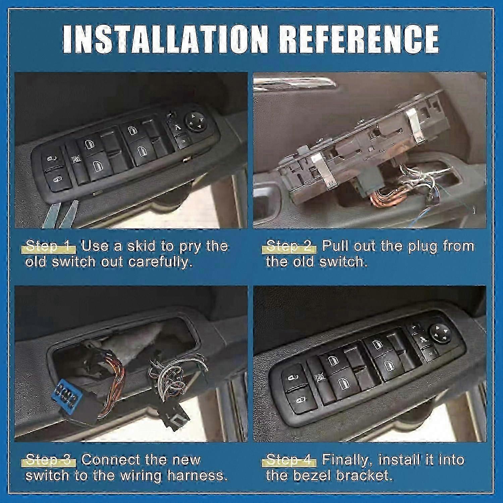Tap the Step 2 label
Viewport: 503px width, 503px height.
(290, 246)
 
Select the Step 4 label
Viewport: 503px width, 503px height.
(290, 460)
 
